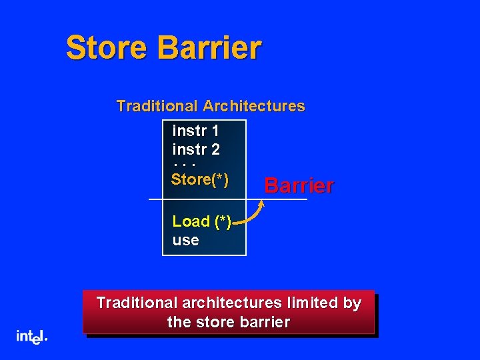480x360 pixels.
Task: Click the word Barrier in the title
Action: click(x=211, y=48)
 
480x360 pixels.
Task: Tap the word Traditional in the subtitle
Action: click(x=157, y=106)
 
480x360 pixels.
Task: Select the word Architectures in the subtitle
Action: click(x=254, y=106)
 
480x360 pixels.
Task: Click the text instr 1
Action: click(x=196, y=130)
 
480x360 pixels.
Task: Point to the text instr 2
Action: click(x=196, y=149)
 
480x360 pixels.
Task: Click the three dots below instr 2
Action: click(x=183, y=164)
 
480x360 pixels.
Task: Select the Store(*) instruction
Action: click(x=200, y=179)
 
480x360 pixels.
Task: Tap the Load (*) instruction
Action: click(x=201, y=221)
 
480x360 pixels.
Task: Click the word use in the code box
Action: click(x=185, y=240)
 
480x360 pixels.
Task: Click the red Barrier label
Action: click(x=299, y=185)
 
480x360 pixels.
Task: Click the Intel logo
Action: click(x=31, y=337)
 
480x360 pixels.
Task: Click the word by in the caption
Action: click(x=352, y=303)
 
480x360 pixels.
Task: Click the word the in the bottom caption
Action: click(x=178, y=323)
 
